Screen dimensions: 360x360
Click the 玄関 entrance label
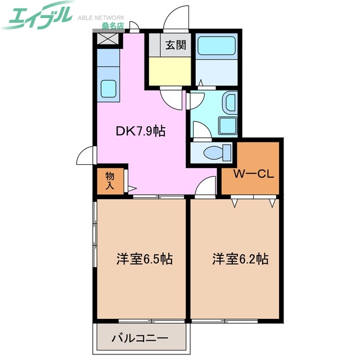[x=175, y=44]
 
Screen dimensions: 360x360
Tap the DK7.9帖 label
[x=140, y=131]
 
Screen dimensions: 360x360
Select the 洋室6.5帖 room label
[x=144, y=259]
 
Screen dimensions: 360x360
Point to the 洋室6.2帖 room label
[x=240, y=259]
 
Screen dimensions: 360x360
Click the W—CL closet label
[x=254, y=174]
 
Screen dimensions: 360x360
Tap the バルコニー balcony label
[x=139, y=339]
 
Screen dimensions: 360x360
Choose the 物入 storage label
[x=110, y=179]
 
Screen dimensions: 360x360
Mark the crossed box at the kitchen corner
[x=108, y=39]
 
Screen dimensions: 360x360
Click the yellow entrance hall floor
[x=170, y=70]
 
